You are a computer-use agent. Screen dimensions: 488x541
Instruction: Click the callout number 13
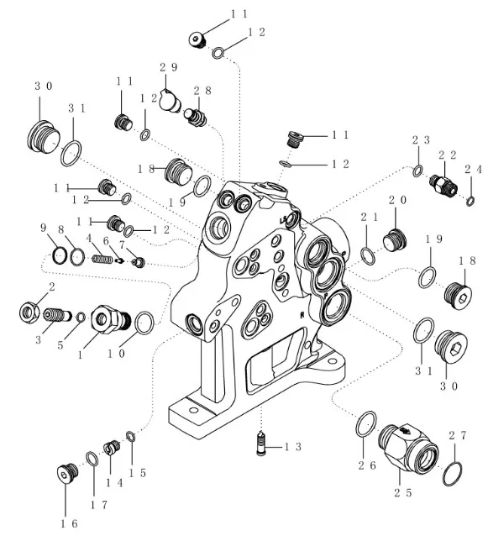(x=293, y=447)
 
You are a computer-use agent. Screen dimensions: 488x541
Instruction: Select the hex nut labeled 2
(x=29, y=313)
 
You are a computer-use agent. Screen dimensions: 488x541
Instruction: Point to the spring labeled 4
(x=102, y=259)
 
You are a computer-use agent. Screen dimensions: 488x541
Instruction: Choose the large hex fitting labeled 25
(x=408, y=449)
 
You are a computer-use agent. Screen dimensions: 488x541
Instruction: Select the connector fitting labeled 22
(x=443, y=185)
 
